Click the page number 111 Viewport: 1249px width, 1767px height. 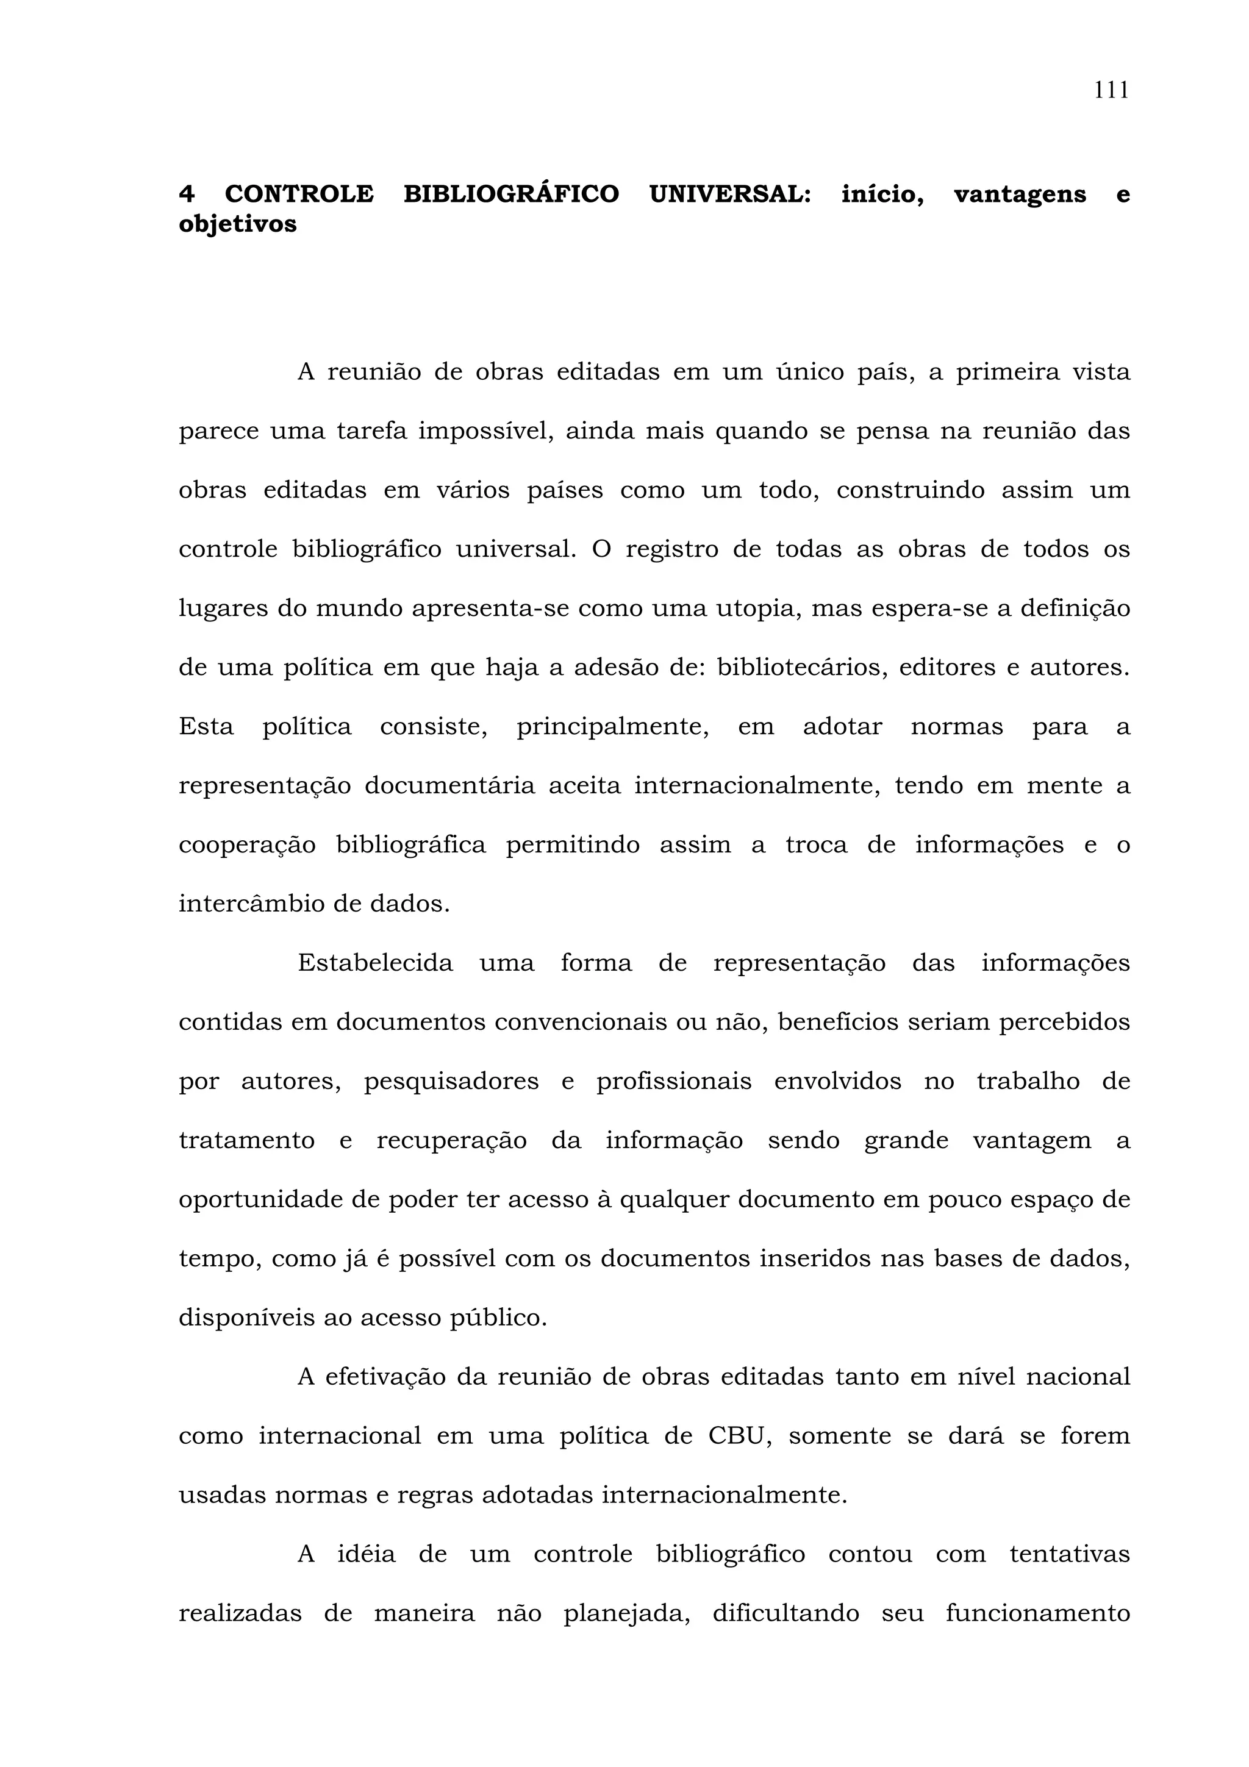pyautogui.click(x=1111, y=91)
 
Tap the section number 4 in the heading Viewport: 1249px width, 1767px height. pyautogui.click(x=186, y=194)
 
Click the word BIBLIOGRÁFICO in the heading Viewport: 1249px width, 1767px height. pyautogui.click(x=511, y=194)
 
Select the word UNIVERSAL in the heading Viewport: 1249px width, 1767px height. pyautogui.click(x=729, y=194)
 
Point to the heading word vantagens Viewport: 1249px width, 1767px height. pyautogui.click(x=1020, y=194)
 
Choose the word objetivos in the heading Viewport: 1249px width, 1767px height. pyautogui.click(x=237, y=225)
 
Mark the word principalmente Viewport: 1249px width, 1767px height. pyautogui.click(x=612, y=727)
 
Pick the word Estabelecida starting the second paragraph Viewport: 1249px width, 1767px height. pyautogui.click(x=375, y=963)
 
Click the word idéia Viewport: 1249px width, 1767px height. pyautogui.click(x=367, y=1554)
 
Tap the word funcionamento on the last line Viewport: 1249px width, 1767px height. pyautogui.click(x=1037, y=1613)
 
